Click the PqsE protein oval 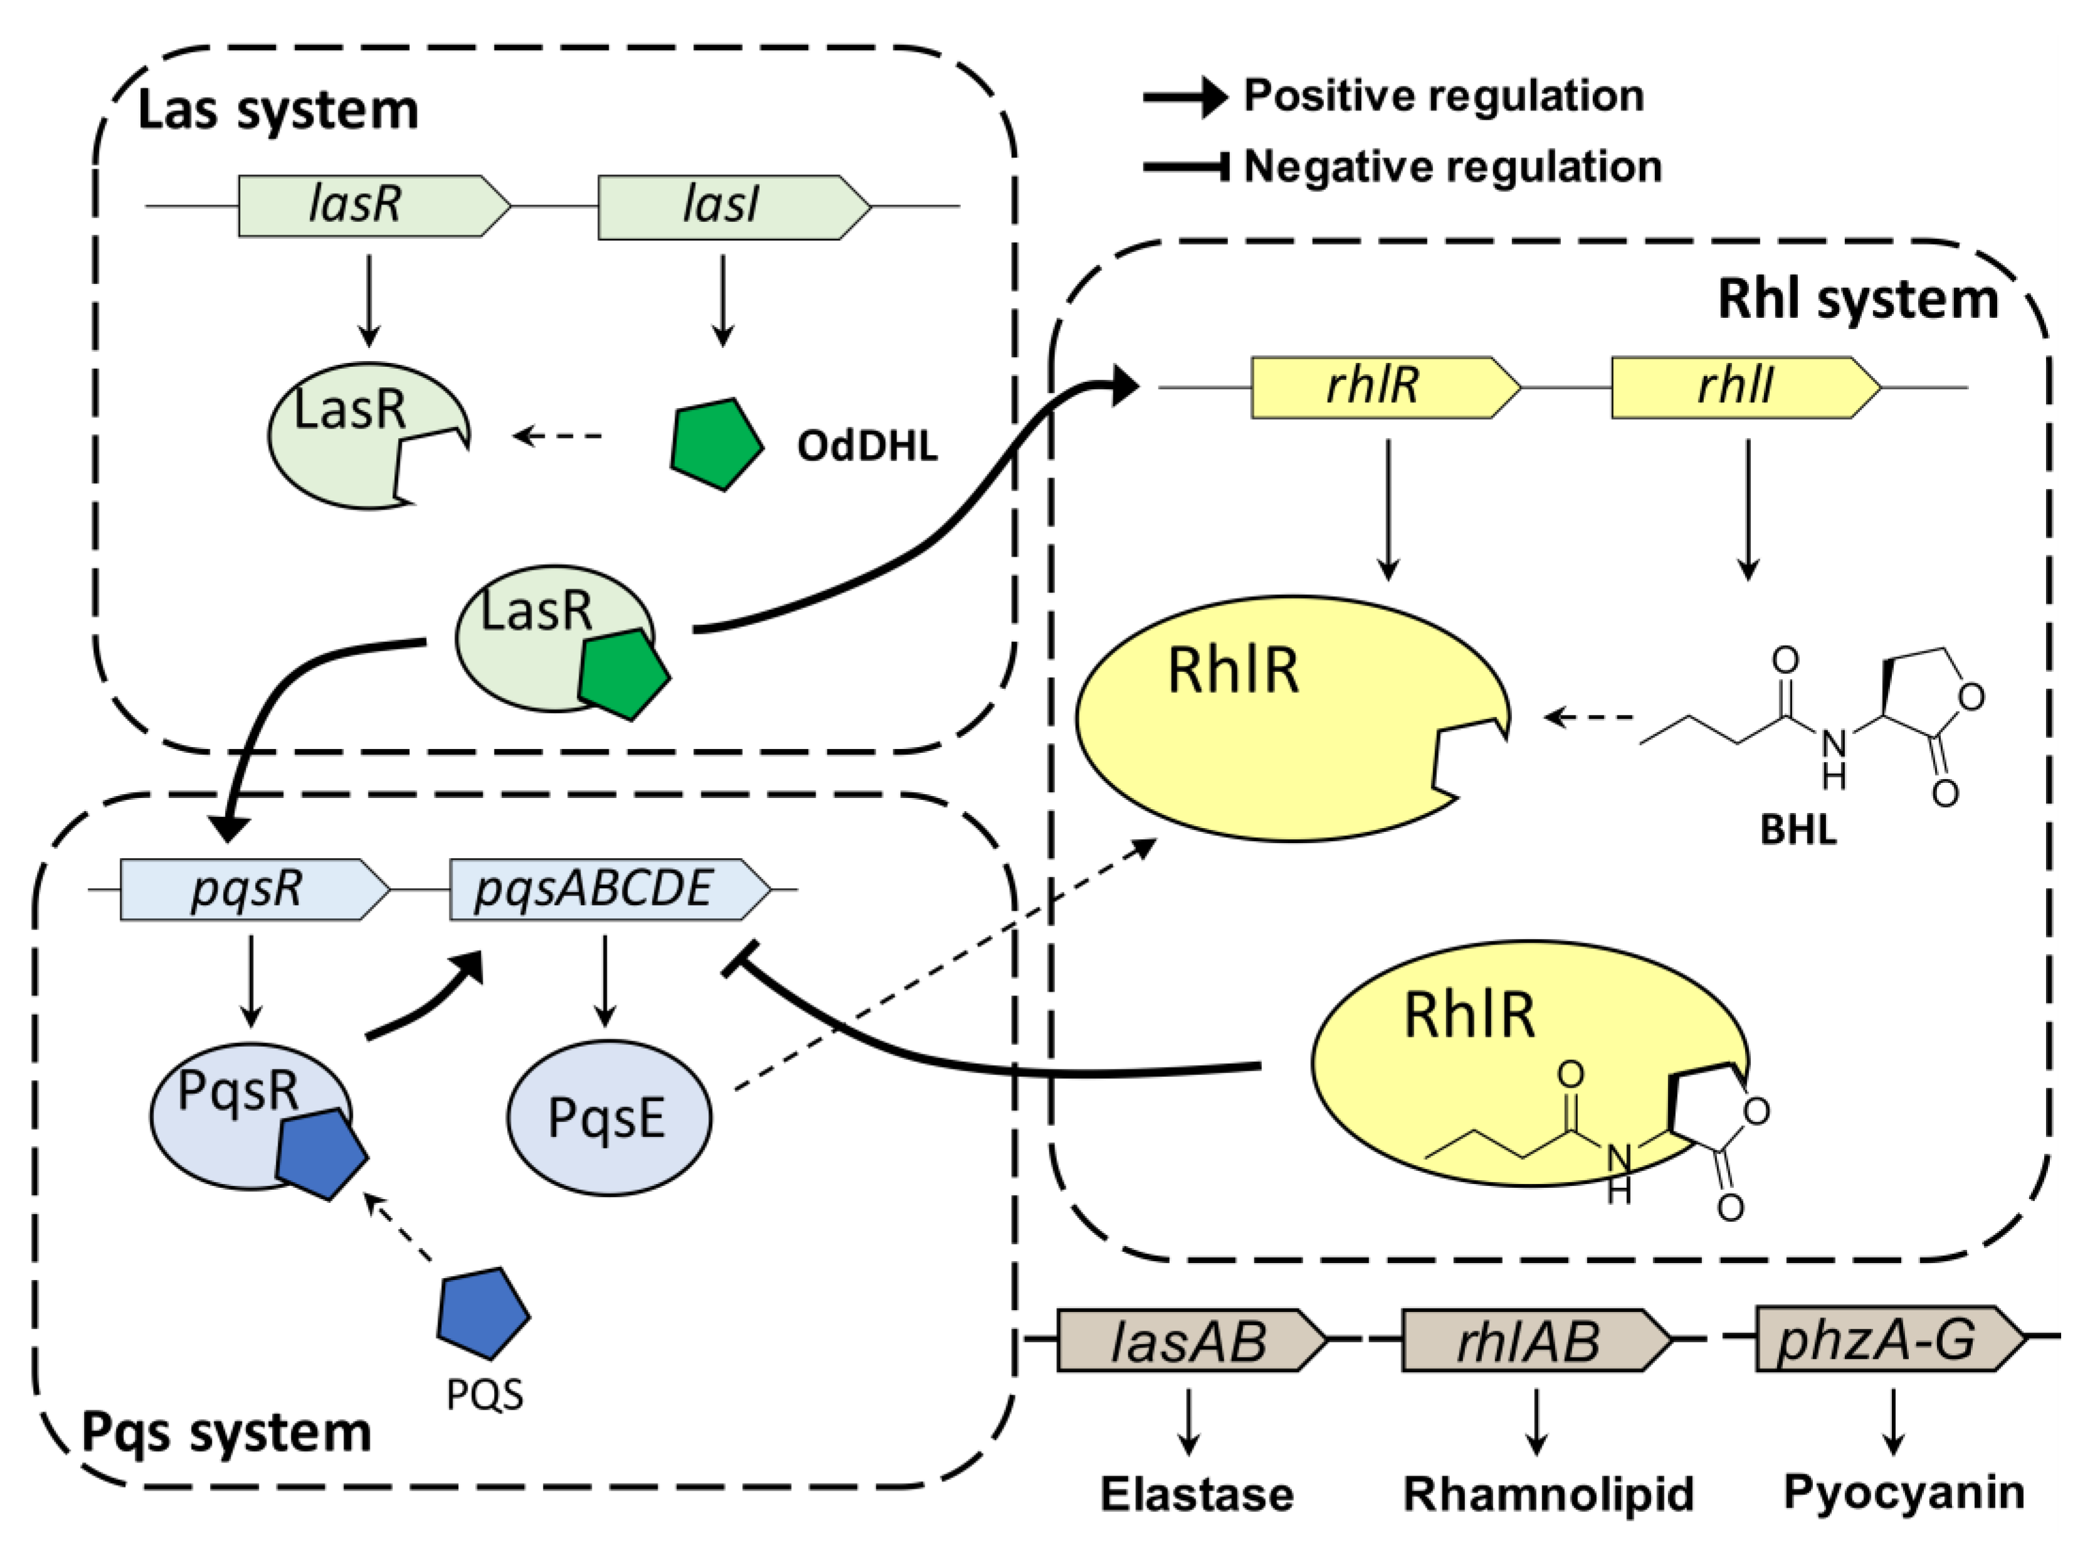pos(609,1117)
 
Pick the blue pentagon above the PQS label pos(483,1311)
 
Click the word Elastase pos(1197,1494)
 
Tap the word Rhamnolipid pos(1548,1494)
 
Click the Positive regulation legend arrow pos(1185,96)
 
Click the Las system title pos(278,110)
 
